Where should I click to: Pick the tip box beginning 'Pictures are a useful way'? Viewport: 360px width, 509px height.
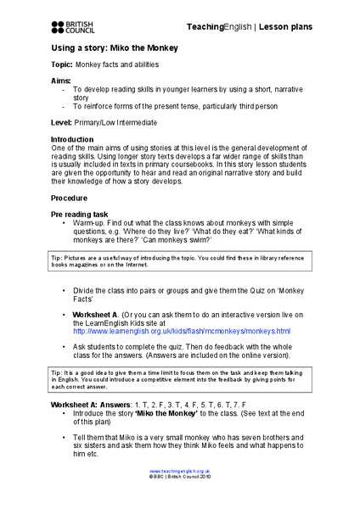179,259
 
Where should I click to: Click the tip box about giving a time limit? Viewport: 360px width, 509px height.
179,381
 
